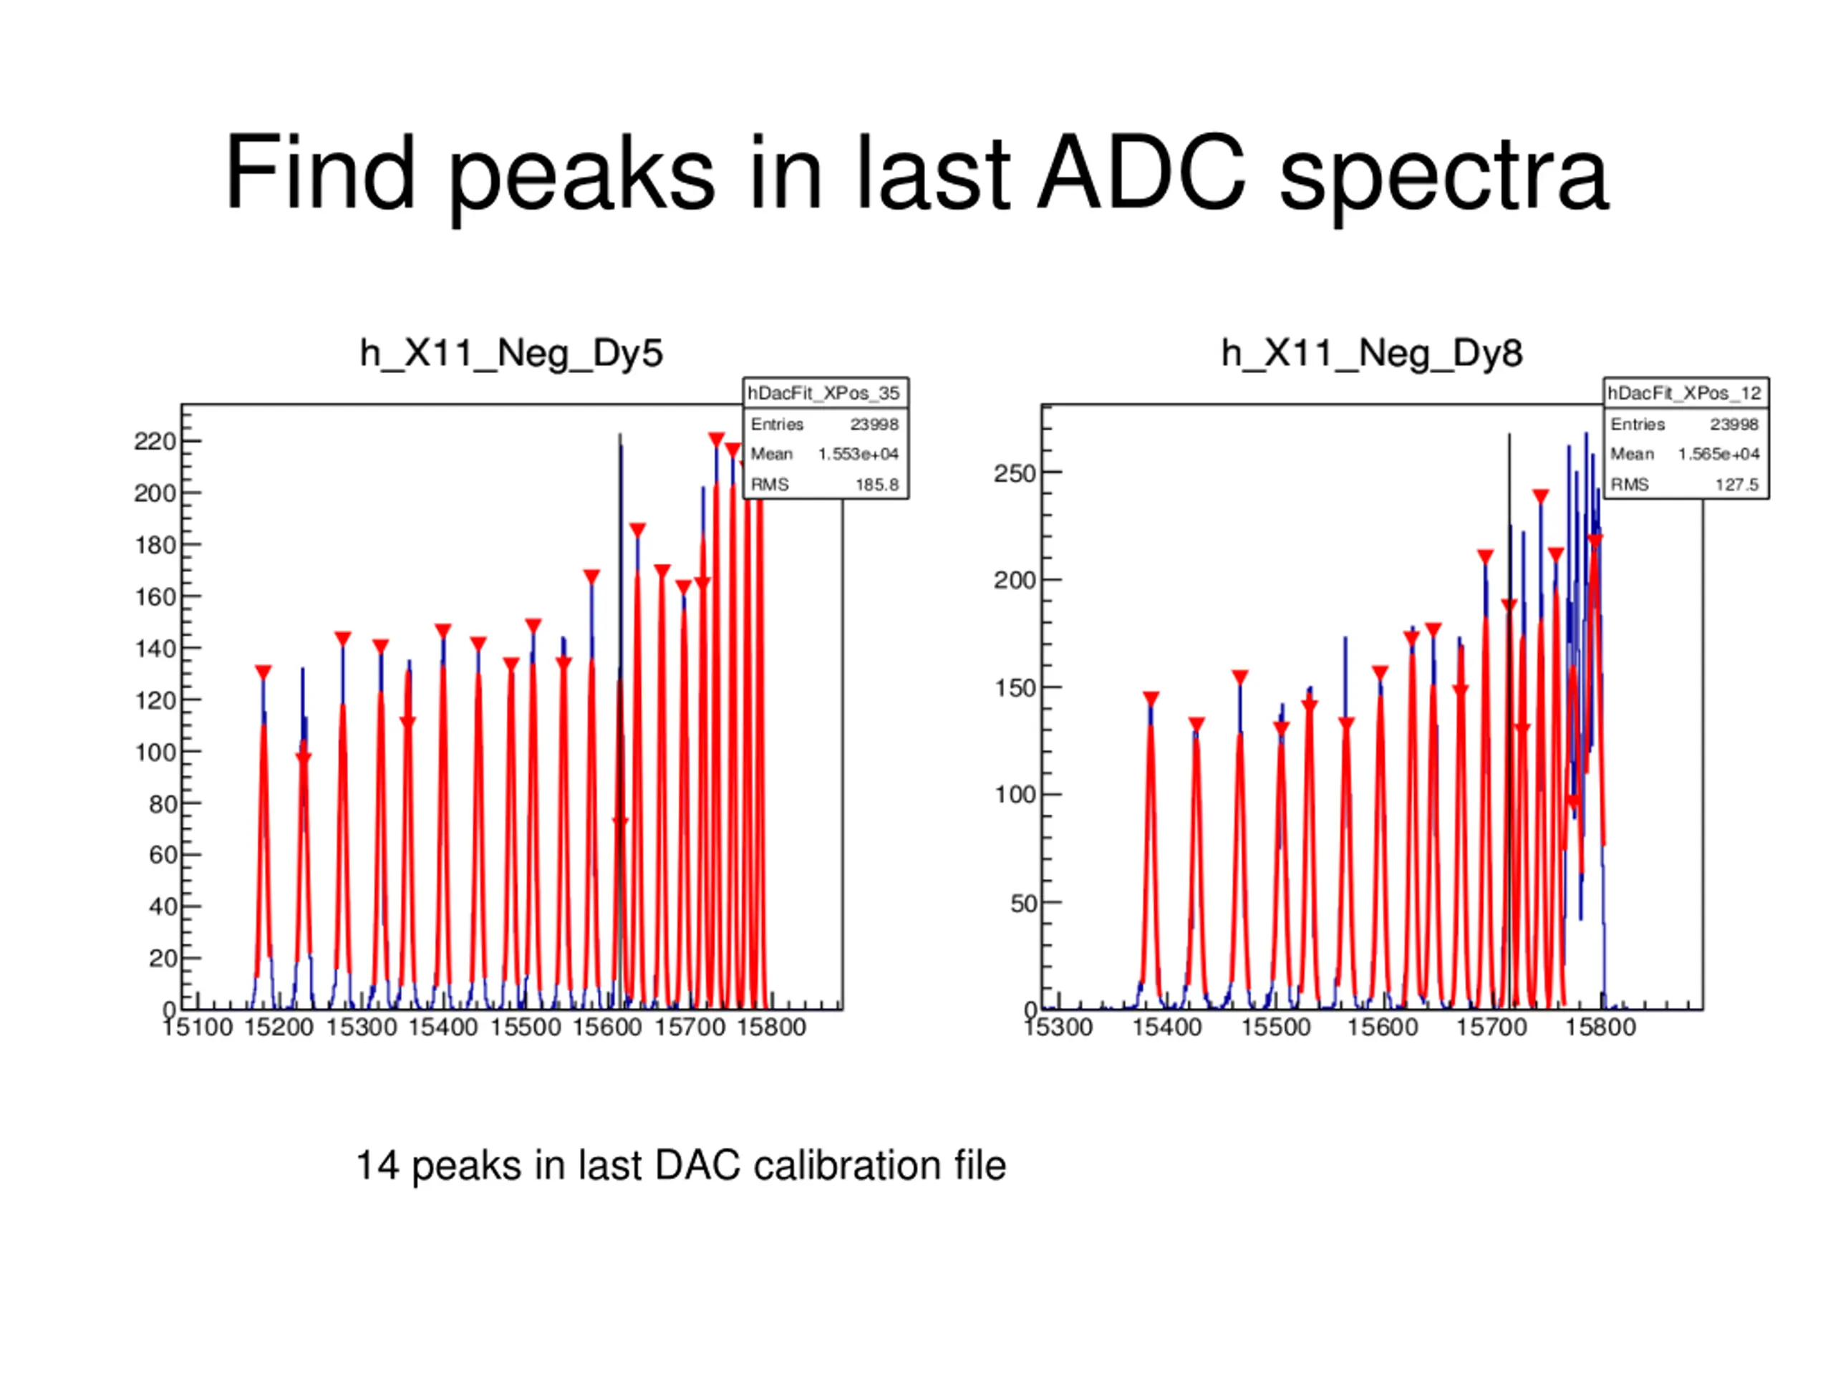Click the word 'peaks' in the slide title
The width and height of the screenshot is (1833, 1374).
(581, 175)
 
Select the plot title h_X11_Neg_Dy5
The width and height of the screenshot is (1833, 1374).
(511, 354)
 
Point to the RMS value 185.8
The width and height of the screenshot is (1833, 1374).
(876, 485)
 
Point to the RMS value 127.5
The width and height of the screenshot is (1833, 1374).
(1736, 485)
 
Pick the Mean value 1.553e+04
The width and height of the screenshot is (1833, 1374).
(858, 454)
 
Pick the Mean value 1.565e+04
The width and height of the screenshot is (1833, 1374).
(1718, 454)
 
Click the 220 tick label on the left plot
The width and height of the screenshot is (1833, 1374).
(155, 442)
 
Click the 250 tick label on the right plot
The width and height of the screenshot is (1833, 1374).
(1015, 474)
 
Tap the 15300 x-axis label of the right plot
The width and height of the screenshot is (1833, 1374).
(1058, 1028)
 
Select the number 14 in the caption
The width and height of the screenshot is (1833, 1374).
(378, 1166)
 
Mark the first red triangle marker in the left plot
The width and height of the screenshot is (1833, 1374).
(263, 672)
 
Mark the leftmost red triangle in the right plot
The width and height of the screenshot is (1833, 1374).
(1151, 699)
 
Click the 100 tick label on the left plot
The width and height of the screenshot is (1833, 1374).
(155, 753)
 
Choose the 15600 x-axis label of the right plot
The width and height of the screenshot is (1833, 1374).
(1382, 1028)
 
